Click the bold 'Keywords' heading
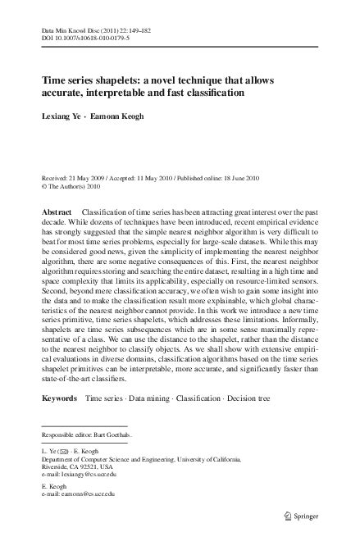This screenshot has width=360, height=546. (x=60, y=397)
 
